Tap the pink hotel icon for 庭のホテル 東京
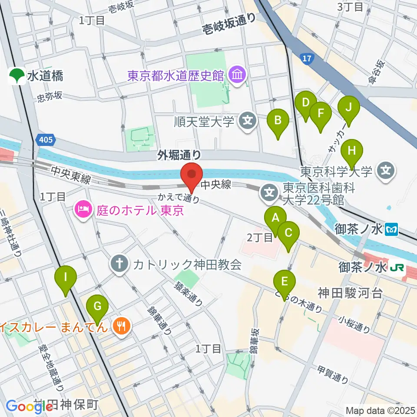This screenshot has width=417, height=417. pyautogui.click(x=83, y=211)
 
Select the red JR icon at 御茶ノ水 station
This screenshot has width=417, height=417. pyautogui.click(x=398, y=268)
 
